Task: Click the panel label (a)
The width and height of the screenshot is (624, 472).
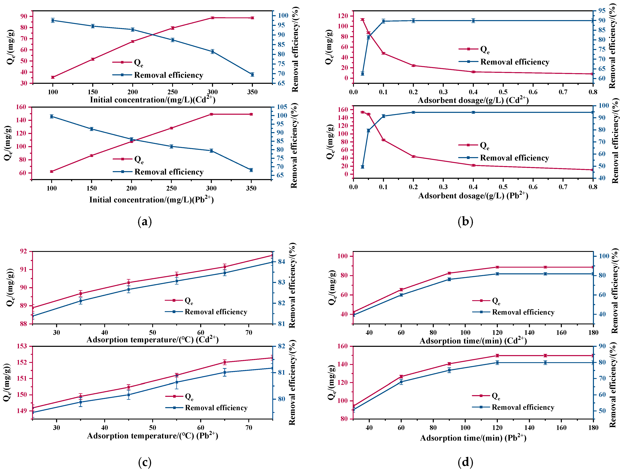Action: [145, 222]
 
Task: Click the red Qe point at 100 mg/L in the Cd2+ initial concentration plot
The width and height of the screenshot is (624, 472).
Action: [53, 77]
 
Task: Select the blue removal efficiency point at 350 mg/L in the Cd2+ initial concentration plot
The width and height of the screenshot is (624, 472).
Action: [252, 74]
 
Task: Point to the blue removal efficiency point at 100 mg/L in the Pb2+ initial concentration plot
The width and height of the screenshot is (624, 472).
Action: [52, 116]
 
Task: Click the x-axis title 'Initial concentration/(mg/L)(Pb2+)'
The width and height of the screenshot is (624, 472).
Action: [152, 200]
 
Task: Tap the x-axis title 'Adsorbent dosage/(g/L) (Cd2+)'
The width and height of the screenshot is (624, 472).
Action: [473, 100]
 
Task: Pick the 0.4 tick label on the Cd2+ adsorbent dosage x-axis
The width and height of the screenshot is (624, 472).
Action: [473, 92]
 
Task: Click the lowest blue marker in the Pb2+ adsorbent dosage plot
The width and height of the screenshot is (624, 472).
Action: [363, 167]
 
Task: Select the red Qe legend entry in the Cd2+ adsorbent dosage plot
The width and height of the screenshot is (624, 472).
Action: [474, 49]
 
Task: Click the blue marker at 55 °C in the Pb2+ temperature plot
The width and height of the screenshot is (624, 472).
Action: [177, 382]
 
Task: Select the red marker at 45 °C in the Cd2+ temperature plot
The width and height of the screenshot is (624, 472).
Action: [129, 282]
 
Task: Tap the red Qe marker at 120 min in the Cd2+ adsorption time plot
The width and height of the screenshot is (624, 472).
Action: [497, 267]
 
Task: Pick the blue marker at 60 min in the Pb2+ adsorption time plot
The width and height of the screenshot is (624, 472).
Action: [401, 382]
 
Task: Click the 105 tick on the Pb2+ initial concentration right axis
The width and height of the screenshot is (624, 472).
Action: [282, 107]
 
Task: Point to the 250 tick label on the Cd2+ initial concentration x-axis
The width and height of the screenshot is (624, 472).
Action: [172, 92]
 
